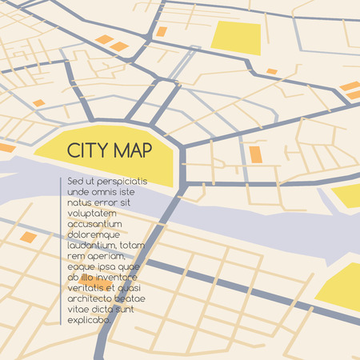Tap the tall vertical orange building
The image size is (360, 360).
255,154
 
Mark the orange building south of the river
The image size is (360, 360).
29,237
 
